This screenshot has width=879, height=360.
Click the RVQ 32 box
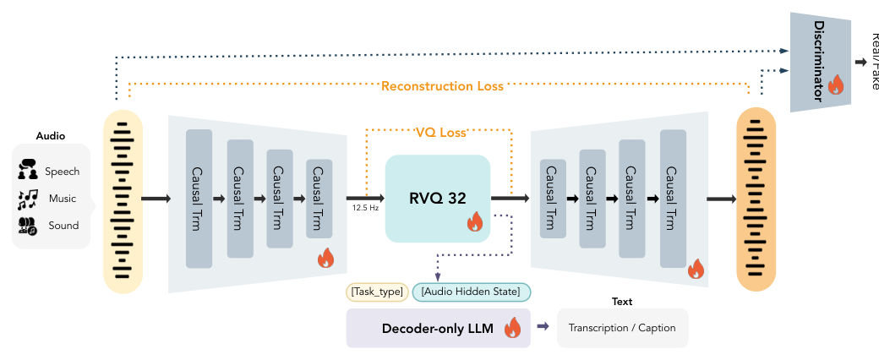(437, 199)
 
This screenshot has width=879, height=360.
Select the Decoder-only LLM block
(438, 328)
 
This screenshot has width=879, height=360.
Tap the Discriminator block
(817, 63)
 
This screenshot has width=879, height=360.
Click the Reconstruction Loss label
(442, 86)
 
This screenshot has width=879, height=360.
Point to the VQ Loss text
(439, 133)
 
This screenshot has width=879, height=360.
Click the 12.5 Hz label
(364, 207)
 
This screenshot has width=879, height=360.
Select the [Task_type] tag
(377, 292)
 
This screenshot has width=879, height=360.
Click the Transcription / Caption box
(622, 328)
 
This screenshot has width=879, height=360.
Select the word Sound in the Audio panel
(63, 226)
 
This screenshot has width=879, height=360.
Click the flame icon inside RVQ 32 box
(474, 222)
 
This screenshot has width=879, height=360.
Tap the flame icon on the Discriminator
(835, 85)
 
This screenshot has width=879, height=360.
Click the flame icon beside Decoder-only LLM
(512, 328)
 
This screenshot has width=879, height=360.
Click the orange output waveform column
(756, 199)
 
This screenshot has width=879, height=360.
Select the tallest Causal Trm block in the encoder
(199, 199)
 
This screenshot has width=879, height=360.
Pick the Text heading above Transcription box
(621, 302)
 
